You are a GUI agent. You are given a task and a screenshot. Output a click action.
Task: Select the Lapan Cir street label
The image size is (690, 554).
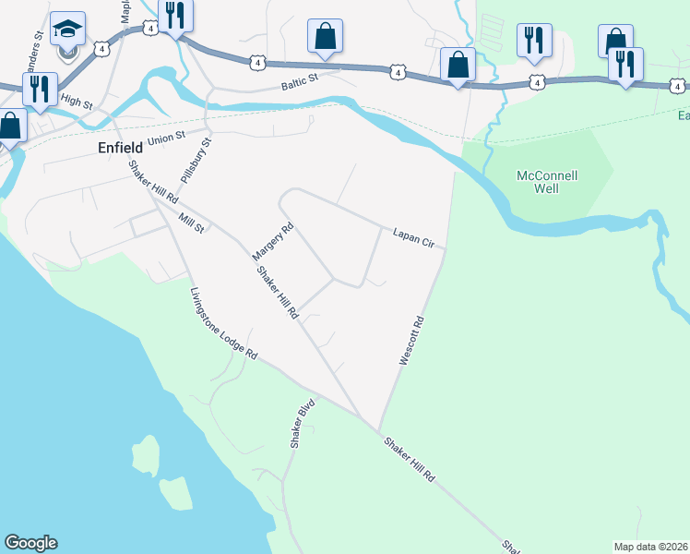click(412, 238)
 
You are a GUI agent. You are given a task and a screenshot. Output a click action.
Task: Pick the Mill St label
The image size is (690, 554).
click(192, 223)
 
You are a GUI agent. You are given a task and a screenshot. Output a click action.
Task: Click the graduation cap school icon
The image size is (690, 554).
click(67, 29)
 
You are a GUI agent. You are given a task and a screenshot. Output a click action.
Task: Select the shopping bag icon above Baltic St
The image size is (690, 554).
click(325, 36)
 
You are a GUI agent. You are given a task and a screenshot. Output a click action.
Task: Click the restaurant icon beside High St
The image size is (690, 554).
click(40, 89)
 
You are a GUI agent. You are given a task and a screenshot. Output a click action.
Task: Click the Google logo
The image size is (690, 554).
click(30, 543)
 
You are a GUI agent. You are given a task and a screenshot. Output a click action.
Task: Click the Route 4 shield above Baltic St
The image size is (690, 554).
click(256, 62)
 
